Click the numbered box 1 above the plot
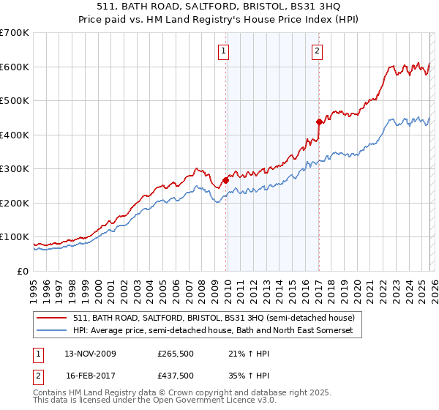(x=223, y=51)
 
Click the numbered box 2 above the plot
(x=317, y=51)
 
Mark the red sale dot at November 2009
(x=225, y=179)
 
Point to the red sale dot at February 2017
(x=319, y=122)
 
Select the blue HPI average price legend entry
(x=213, y=331)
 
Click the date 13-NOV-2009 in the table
(x=90, y=354)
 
